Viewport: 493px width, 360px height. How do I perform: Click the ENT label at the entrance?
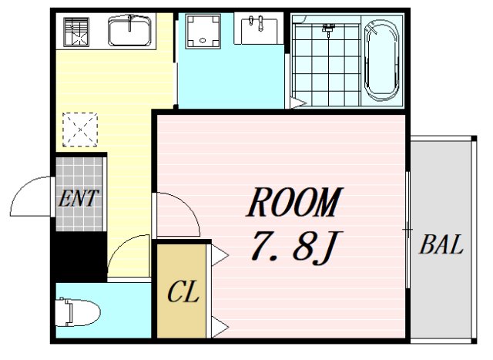coord(79,198)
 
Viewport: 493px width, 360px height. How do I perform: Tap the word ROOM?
coord(293,204)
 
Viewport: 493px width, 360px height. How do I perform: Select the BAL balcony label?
coord(441,247)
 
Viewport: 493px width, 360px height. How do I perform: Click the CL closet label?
coord(183,292)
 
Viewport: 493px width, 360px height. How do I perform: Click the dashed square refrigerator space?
coord(80,129)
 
